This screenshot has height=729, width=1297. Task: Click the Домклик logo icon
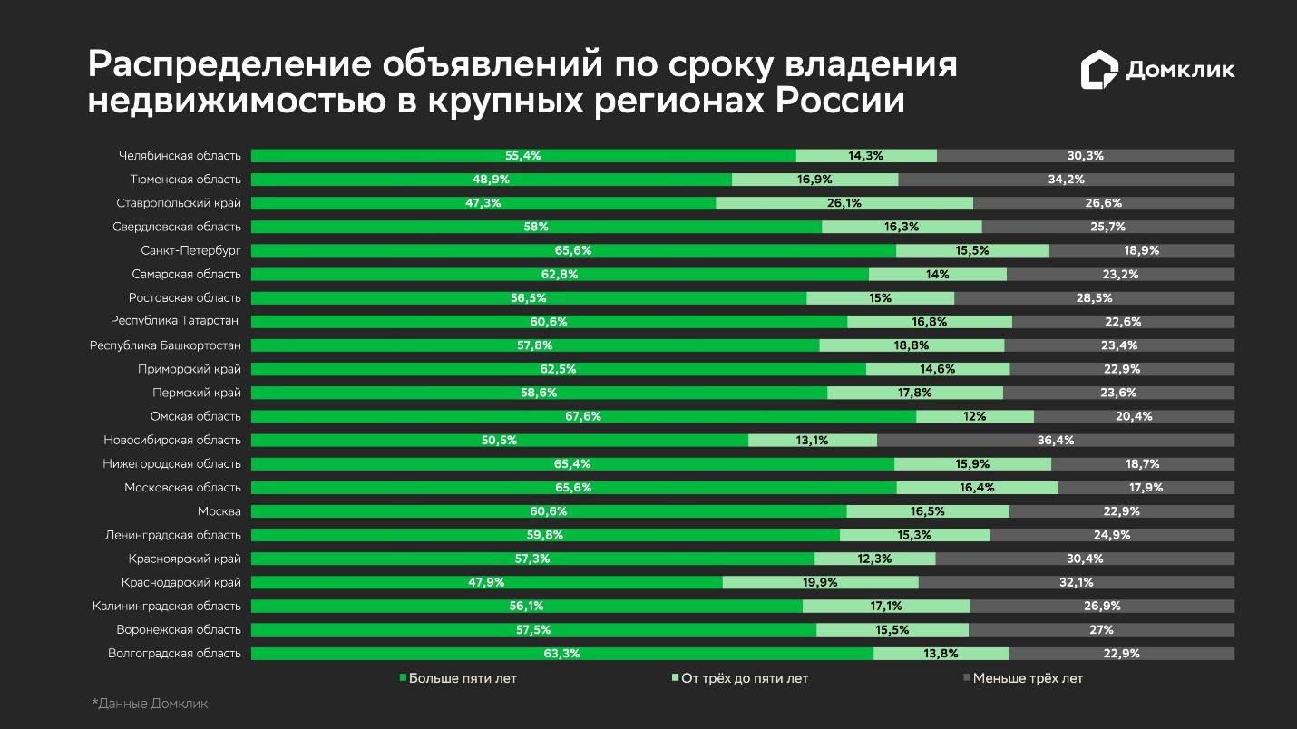tap(1098, 70)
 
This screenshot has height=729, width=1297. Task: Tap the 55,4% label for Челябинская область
tap(523, 156)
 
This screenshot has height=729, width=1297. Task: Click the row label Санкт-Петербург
tap(190, 250)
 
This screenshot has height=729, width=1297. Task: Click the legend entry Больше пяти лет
tap(458, 678)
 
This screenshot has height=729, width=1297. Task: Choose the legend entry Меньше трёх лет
tap(1022, 678)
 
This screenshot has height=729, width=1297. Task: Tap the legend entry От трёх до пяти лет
tap(739, 678)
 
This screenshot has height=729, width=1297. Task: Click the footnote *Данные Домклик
tap(150, 704)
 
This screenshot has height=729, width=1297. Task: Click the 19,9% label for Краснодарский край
tap(820, 582)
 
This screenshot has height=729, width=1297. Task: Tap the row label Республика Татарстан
tap(175, 321)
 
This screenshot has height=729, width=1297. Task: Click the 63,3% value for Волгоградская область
tap(562, 653)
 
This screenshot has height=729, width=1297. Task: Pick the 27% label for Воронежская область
tap(1101, 629)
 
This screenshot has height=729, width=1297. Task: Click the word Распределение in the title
tap(227, 65)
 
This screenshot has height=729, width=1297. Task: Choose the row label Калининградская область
tap(167, 606)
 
